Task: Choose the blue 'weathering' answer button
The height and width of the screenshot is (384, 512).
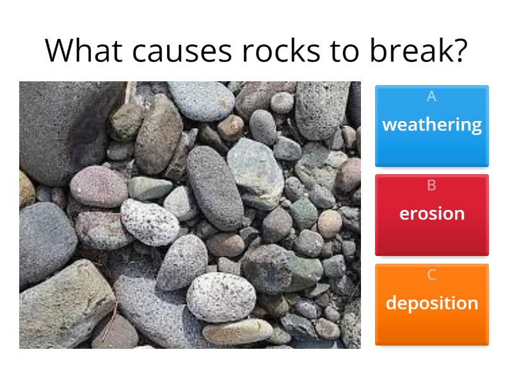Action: [432, 126]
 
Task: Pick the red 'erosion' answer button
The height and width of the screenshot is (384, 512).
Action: [432, 215]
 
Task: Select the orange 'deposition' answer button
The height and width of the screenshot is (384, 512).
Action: [432, 305]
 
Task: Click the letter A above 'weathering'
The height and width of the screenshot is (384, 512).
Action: [431, 97]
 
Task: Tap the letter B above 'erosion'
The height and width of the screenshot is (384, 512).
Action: [431, 186]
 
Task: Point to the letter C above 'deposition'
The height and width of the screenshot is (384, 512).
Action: [431, 275]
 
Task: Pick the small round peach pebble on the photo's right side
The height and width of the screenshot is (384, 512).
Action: [330, 224]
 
